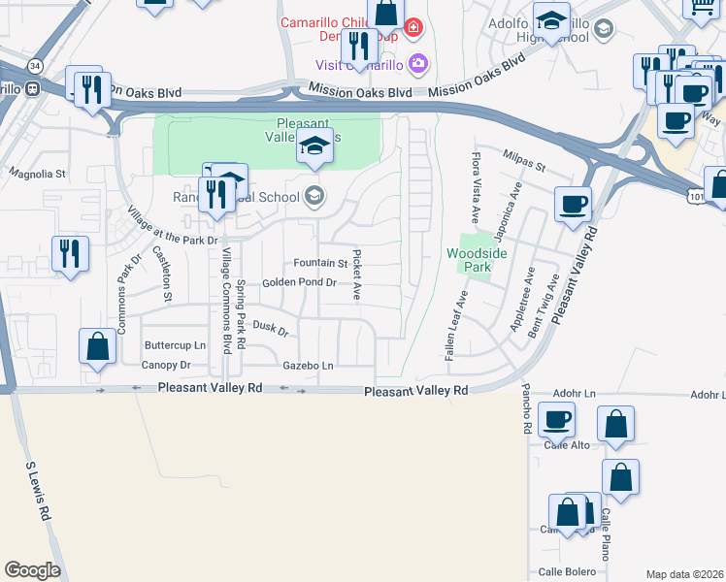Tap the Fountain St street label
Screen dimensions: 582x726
coord(320,263)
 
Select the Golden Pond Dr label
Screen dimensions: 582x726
coord(298,283)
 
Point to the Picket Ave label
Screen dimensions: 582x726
coord(357,275)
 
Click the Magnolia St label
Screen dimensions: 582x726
coord(36,175)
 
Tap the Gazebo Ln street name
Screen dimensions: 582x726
coord(308,366)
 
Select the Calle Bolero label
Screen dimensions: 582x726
coord(565,570)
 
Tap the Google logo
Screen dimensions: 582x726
coord(32,570)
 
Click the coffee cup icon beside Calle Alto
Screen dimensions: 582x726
coord(557,421)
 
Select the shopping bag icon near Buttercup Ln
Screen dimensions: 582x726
coord(97,346)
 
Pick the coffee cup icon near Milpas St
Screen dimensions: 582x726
coord(573,204)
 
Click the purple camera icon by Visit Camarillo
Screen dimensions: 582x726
coord(419,65)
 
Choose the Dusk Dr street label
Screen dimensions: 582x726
coord(271,330)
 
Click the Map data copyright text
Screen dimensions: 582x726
coord(684,574)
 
